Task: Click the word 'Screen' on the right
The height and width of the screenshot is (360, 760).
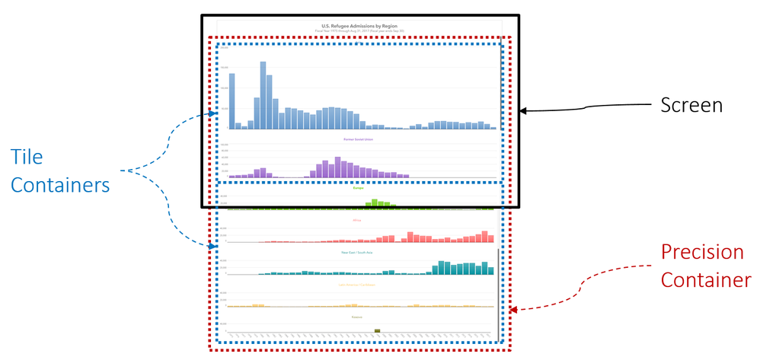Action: pyautogui.click(x=691, y=105)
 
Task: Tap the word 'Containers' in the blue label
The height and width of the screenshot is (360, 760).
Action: pyautogui.click(x=62, y=185)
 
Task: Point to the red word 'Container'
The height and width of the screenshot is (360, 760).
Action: pyautogui.click(x=705, y=280)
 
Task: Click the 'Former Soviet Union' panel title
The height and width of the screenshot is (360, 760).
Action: pyautogui.click(x=359, y=139)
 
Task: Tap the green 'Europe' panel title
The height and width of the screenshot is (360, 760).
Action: pyautogui.click(x=359, y=187)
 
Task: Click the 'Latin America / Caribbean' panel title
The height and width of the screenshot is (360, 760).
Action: pyautogui.click(x=359, y=285)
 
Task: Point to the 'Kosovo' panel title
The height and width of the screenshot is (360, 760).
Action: pyautogui.click(x=359, y=317)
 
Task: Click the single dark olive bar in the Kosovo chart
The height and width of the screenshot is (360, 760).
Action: pyautogui.click(x=377, y=330)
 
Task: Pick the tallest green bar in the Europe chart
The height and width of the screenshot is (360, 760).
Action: pyautogui.click(x=375, y=203)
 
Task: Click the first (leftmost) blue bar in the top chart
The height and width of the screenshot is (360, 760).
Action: pyautogui.click(x=232, y=101)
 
